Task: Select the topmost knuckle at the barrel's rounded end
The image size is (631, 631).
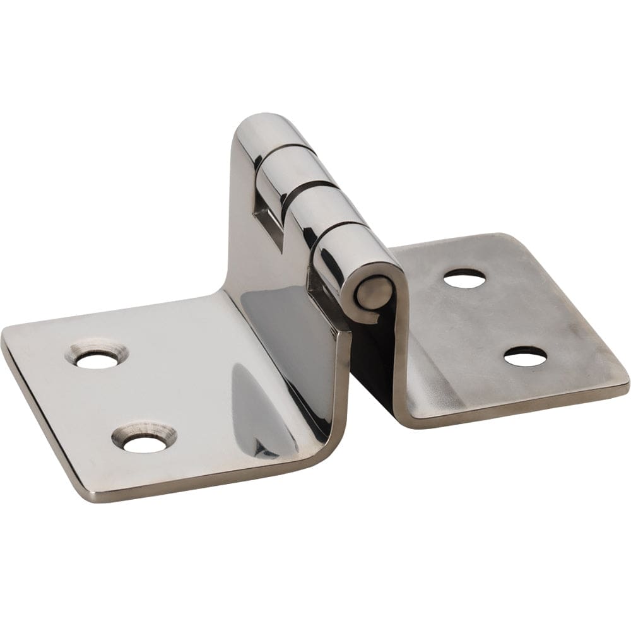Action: [x=268, y=129]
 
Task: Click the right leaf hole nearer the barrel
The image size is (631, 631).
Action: [x=464, y=278]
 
